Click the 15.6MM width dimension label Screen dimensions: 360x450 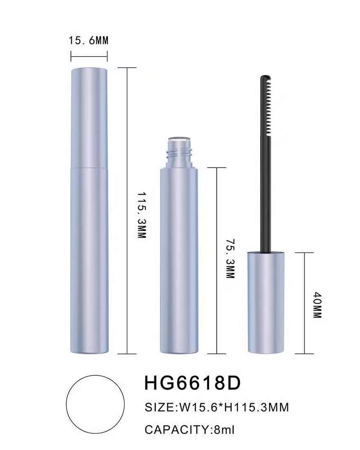(88, 40)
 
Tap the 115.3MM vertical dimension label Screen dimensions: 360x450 (142, 215)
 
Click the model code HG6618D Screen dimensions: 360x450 (192, 383)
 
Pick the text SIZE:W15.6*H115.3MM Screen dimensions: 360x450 (217, 407)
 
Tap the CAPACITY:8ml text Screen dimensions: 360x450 (189, 430)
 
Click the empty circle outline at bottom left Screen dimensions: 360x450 (95, 375)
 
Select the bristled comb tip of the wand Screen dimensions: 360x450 (266, 105)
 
